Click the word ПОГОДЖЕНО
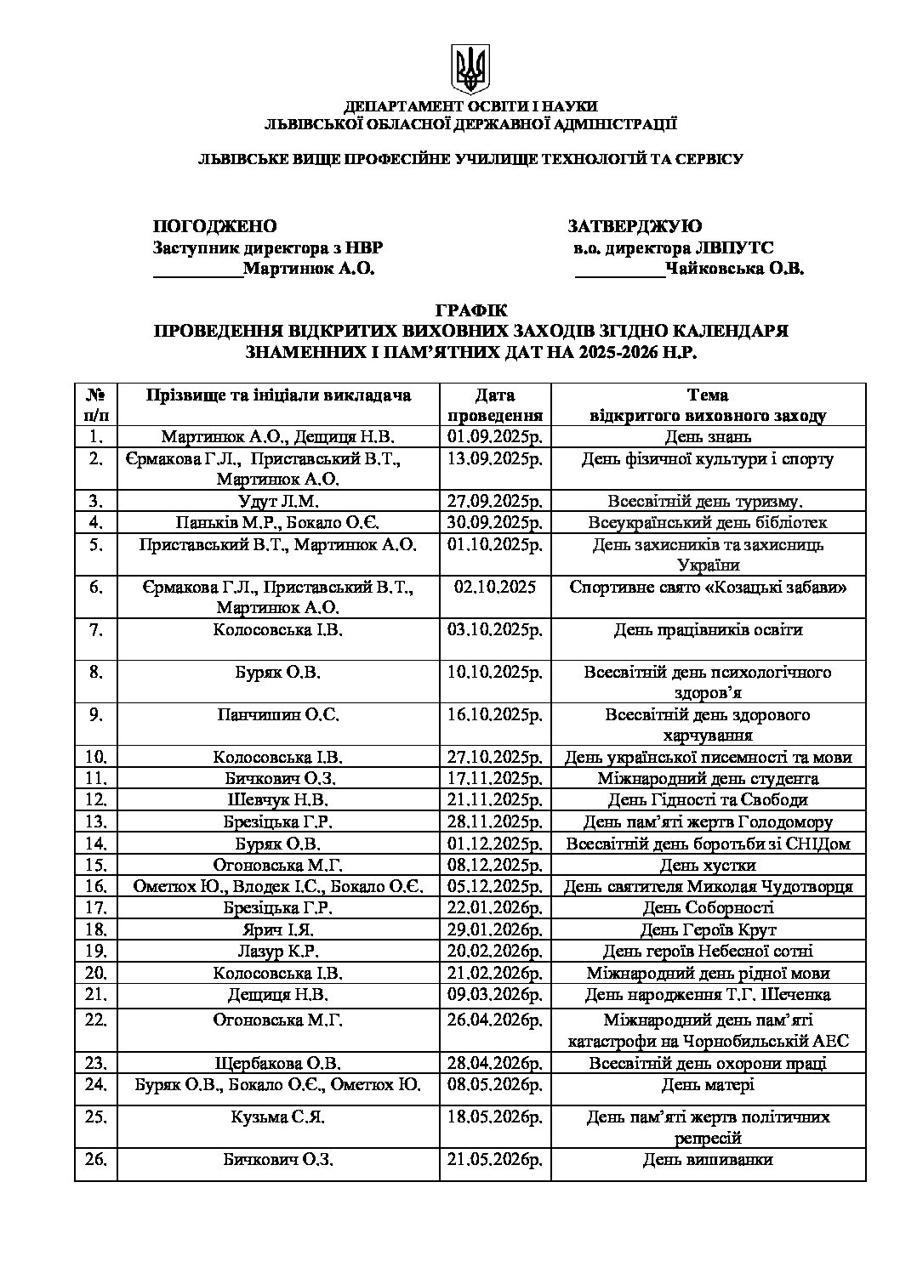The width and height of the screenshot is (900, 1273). (214, 226)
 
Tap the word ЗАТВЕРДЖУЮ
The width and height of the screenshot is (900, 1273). (635, 226)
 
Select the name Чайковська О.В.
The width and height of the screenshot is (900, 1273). (735, 270)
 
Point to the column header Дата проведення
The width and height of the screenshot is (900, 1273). (495, 406)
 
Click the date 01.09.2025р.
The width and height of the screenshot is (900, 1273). (495, 437)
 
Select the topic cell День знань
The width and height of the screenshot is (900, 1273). (708, 437)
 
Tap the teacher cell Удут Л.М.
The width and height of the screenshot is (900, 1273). (278, 501)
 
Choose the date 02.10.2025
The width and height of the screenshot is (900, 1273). (492, 587)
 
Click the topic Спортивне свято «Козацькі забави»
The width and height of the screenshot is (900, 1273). (708, 587)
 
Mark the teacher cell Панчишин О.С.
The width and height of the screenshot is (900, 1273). (278, 714)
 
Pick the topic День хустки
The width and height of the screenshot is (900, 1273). (708, 866)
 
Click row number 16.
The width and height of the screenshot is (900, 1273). (96, 887)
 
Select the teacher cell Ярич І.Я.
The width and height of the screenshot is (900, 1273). (278, 929)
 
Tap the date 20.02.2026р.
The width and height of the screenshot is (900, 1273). (495, 951)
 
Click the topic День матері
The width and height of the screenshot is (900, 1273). (708, 1085)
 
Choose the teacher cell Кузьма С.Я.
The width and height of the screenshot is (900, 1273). (278, 1117)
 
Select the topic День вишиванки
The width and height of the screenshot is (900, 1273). (708, 1160)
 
